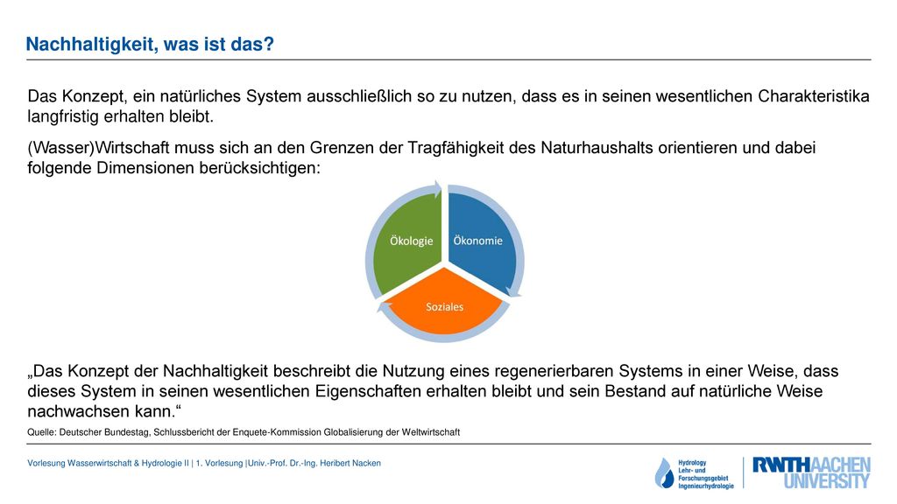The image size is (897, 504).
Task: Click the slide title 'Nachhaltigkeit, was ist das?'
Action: click(150, 44)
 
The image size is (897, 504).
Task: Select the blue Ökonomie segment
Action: click(482, 243)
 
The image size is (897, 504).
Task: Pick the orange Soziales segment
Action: click(444, 303)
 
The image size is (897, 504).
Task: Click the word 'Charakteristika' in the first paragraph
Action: click(814, 96)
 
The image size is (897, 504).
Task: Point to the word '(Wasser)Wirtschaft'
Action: click(98, 148)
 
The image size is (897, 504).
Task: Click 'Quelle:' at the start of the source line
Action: click(42, 432)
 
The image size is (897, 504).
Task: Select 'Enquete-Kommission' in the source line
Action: click(277, 432)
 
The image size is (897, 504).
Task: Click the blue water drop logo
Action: click(665, 473)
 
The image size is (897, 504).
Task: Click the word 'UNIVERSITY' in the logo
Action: click(827, 481)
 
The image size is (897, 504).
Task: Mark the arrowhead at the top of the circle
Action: click(438, 190)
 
